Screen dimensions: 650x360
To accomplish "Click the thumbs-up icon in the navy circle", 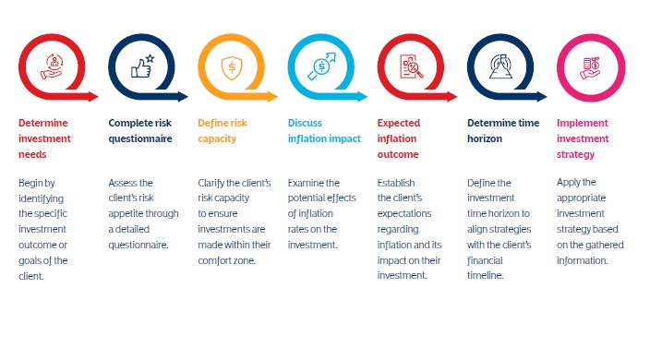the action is point(142,66).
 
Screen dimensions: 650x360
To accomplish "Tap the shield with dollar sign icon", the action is point(232,67).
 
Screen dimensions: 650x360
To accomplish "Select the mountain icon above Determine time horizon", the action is point(500,66).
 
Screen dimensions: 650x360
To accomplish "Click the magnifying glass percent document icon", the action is point(411,66).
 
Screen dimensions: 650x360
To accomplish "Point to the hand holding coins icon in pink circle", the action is point(590,67).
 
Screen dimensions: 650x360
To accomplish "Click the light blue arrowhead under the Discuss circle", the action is point(362,97).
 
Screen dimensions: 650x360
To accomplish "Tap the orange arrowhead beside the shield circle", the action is point(272,97).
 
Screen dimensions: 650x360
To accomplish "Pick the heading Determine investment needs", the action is point(44,138).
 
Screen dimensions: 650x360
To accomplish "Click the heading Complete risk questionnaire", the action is point(140,130).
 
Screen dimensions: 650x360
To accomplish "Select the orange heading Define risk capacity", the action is point(223,130).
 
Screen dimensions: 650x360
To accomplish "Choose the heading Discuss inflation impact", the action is point(324,130).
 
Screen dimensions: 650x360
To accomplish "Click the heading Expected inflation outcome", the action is point(398,138).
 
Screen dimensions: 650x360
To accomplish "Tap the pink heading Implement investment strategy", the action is point(583,138).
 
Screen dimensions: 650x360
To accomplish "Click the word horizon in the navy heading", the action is point(485,138).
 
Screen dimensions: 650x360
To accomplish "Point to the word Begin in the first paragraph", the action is point(30,183).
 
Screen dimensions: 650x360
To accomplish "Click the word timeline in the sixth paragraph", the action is point(485,275).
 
